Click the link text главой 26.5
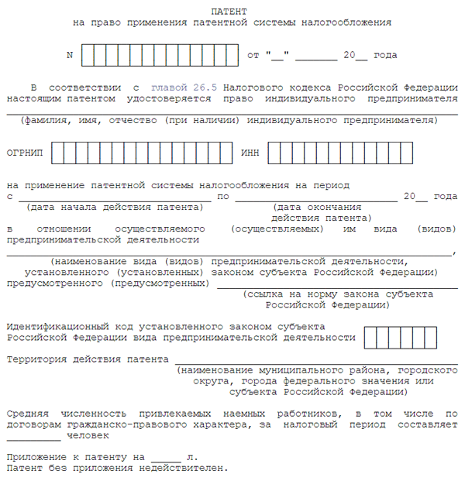pos(177,88)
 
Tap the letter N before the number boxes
pos(70,56)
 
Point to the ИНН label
pos(250,153)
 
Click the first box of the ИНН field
pos(274,153)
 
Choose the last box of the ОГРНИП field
pos(226,153)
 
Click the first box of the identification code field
pos(370,338)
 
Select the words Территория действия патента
pos(87,359)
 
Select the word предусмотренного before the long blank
pos(50,283)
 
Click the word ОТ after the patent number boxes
pos(253,56)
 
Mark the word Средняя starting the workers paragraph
pos(26,414)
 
